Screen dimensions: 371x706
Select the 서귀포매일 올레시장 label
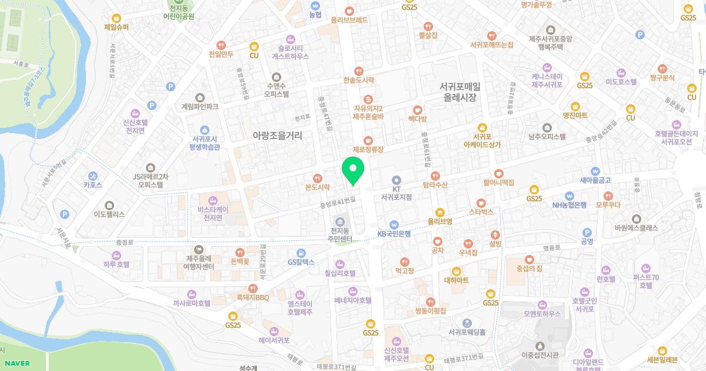point(460,92)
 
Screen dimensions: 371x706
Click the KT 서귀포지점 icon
point(396,180)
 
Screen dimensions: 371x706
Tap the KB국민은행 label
point(394,233)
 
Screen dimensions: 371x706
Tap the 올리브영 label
point(439,221)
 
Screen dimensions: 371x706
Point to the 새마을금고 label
point(595,180)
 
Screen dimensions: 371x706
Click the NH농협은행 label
point(569,205)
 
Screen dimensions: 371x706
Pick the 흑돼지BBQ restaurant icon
point(253,288)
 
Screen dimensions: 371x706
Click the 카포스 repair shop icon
point(93,175)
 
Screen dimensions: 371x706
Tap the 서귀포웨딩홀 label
point(467,332)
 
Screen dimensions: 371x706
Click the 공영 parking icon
point(587,232)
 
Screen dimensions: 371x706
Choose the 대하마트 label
point(456,280)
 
